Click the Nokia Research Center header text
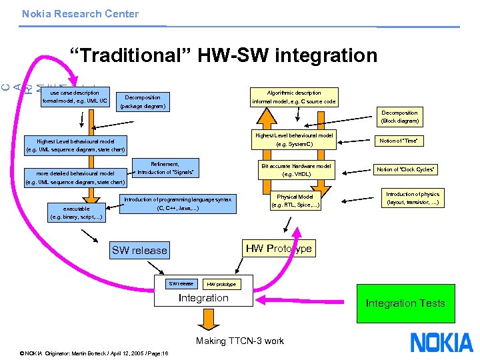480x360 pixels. point(80,13)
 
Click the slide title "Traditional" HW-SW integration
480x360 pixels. point(224,55)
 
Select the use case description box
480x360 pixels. point(75,97)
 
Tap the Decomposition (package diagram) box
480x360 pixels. point(142,101)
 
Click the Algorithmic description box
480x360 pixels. point(294,97)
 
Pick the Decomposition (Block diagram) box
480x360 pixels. point(400,117)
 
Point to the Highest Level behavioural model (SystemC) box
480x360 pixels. point(294,139)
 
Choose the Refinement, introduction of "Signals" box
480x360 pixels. point(165,168)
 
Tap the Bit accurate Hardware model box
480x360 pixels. point(296,170)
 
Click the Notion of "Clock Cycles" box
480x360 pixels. point(406,169)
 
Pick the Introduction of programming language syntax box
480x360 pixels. point(177,204)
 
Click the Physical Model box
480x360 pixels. point(295,201)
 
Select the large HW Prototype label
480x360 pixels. point(279,249)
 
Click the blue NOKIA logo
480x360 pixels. point(441,342)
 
